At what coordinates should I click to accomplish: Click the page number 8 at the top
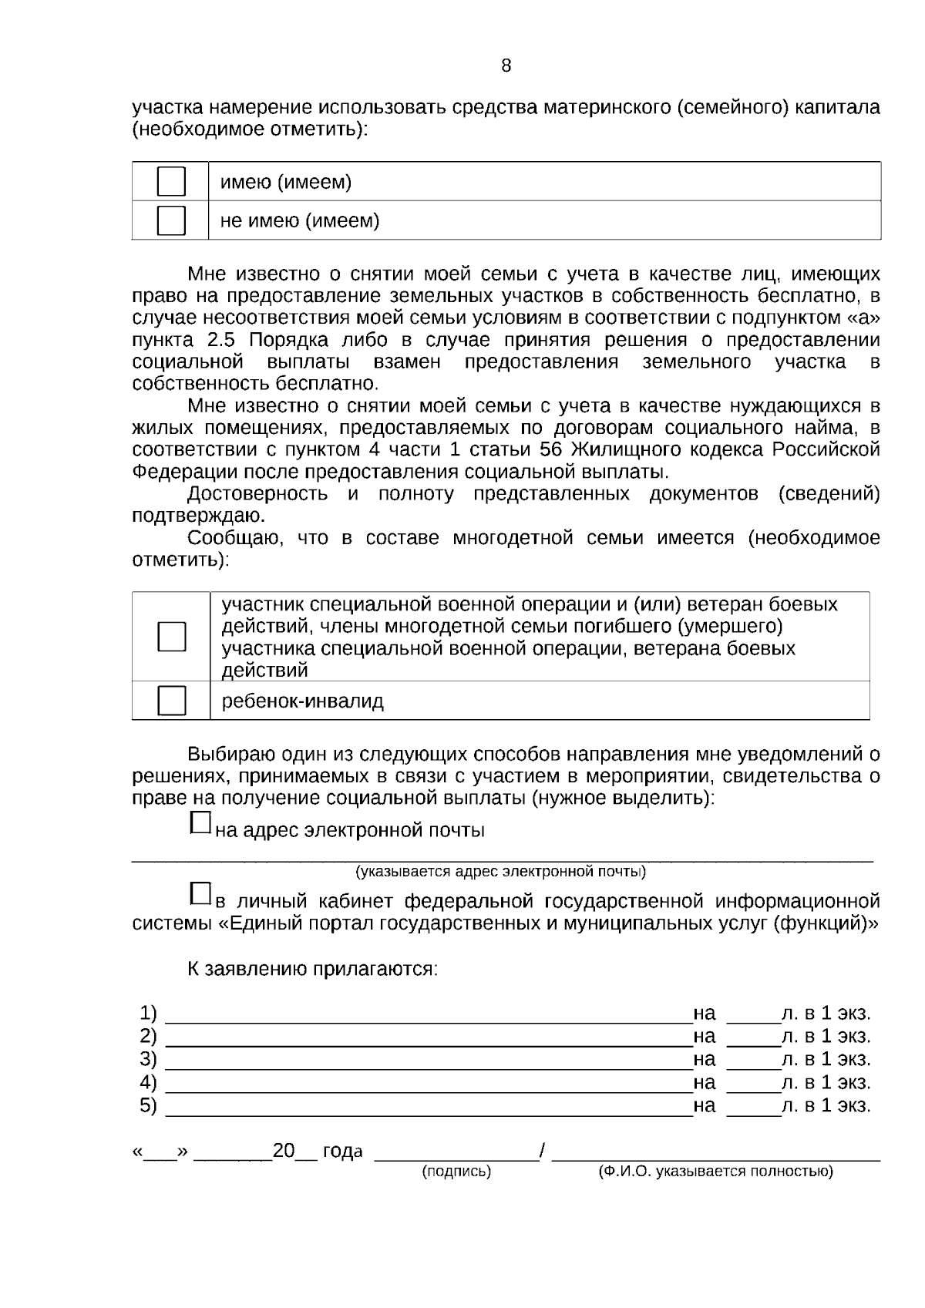click(506, 66)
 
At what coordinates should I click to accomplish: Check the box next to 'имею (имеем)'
click(171, 182)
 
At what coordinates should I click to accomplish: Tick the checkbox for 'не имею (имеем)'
click(171, 220)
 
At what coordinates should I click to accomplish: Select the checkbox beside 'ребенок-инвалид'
click(171, 701)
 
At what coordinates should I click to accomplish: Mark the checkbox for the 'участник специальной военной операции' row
click(171, 637)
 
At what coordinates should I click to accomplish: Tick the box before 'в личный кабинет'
click(200, 893)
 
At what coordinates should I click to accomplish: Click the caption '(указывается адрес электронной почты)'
click(500, 872)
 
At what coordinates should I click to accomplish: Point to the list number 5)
click(148, 1106)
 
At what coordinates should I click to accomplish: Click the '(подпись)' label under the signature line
click(456, 1172)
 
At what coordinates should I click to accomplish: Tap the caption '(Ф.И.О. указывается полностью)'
click(715, 1172)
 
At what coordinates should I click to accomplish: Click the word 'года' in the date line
click(342, 1152)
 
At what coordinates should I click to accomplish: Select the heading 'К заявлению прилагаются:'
click(312, 969)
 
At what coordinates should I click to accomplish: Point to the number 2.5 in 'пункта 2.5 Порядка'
click(221, 340)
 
